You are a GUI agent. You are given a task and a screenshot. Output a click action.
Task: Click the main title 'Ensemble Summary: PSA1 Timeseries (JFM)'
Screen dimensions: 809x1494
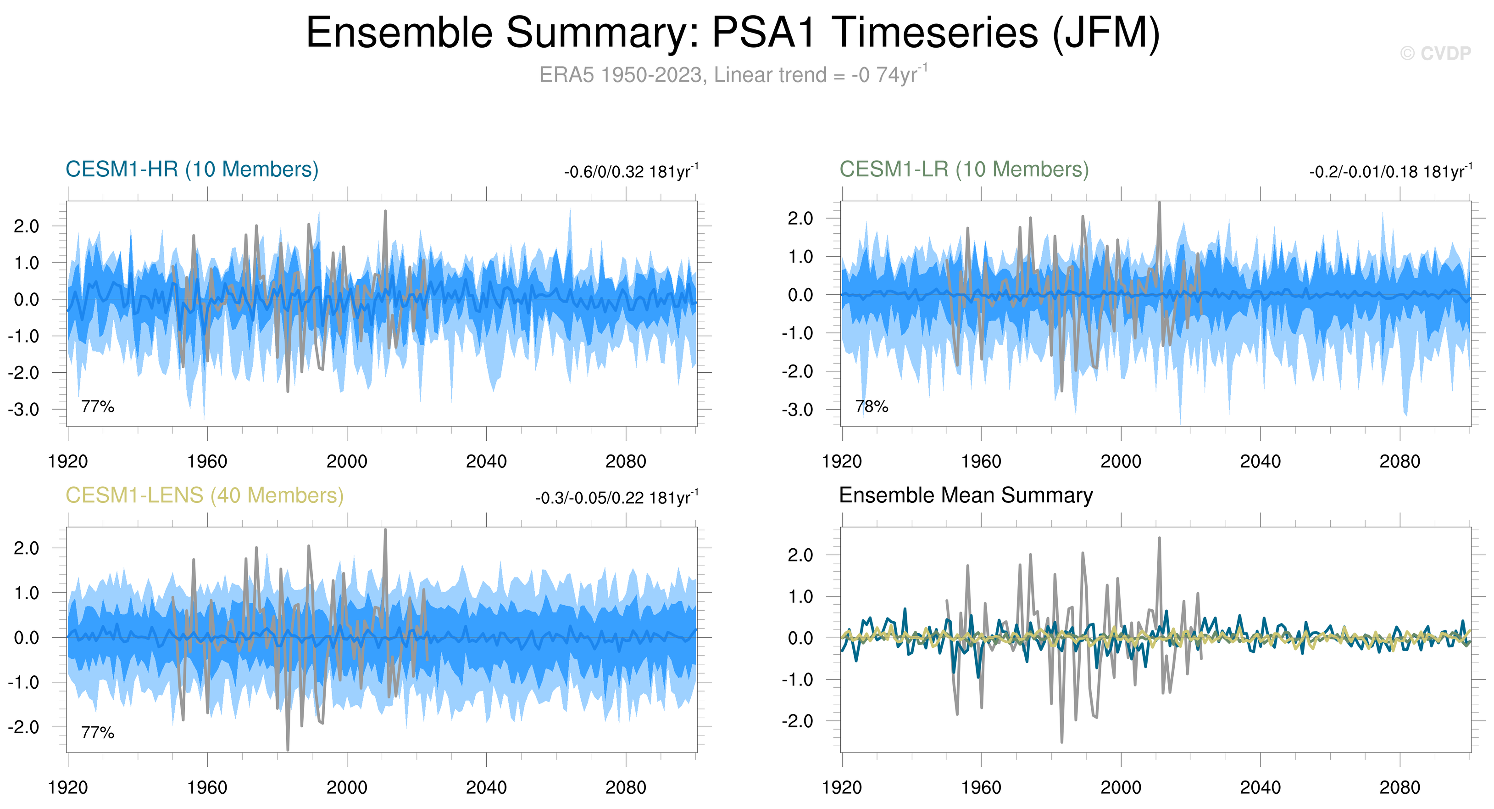[x=733, y=33]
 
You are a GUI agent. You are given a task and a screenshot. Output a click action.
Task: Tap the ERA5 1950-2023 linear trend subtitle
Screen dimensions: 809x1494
[x=733, y=75]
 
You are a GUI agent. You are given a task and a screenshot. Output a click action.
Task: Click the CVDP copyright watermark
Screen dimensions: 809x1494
[x=1435, y=53]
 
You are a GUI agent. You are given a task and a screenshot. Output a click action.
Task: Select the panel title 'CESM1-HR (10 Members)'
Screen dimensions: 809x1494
[x=192, y=169]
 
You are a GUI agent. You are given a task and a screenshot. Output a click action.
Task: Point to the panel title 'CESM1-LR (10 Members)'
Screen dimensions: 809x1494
[x=964, y=169]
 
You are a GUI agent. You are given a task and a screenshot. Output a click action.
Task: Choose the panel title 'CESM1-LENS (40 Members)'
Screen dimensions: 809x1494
[x=204, y=495]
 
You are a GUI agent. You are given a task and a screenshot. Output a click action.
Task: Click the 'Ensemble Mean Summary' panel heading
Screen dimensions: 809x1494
[x=966, y=495]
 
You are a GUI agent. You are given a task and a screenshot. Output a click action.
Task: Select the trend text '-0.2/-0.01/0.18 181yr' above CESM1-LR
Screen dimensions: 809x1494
[x=1389, y=172]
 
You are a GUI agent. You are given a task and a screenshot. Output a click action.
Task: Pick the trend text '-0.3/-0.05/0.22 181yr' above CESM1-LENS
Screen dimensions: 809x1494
[x=616, y=498]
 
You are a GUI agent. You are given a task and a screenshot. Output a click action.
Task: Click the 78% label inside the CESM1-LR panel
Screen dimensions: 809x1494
[x=872, y=406]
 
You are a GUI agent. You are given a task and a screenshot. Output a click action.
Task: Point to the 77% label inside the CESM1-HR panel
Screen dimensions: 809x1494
[x=97, y=406]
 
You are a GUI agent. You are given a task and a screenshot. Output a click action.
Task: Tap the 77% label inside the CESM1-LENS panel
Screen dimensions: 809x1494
[x=97, y=732]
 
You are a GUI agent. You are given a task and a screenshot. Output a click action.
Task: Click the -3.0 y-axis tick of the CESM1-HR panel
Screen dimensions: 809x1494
[x=24, y=410]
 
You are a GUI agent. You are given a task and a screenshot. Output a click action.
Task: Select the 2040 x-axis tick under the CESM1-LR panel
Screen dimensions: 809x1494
[x=1260, y=462]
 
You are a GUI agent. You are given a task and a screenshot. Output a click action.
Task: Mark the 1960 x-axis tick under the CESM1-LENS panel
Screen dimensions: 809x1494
[x=207, y=788]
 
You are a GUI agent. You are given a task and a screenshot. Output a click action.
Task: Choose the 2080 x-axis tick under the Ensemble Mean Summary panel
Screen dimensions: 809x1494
[x=1400, y=788]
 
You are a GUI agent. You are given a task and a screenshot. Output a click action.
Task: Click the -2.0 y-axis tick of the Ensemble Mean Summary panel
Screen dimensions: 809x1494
[x=797, y=721]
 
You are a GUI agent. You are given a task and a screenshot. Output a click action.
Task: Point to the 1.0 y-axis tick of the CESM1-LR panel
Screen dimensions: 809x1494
[x=800, y=257]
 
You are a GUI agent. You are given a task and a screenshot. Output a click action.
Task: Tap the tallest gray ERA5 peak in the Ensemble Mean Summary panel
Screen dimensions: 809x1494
[x=1159, y=539]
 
